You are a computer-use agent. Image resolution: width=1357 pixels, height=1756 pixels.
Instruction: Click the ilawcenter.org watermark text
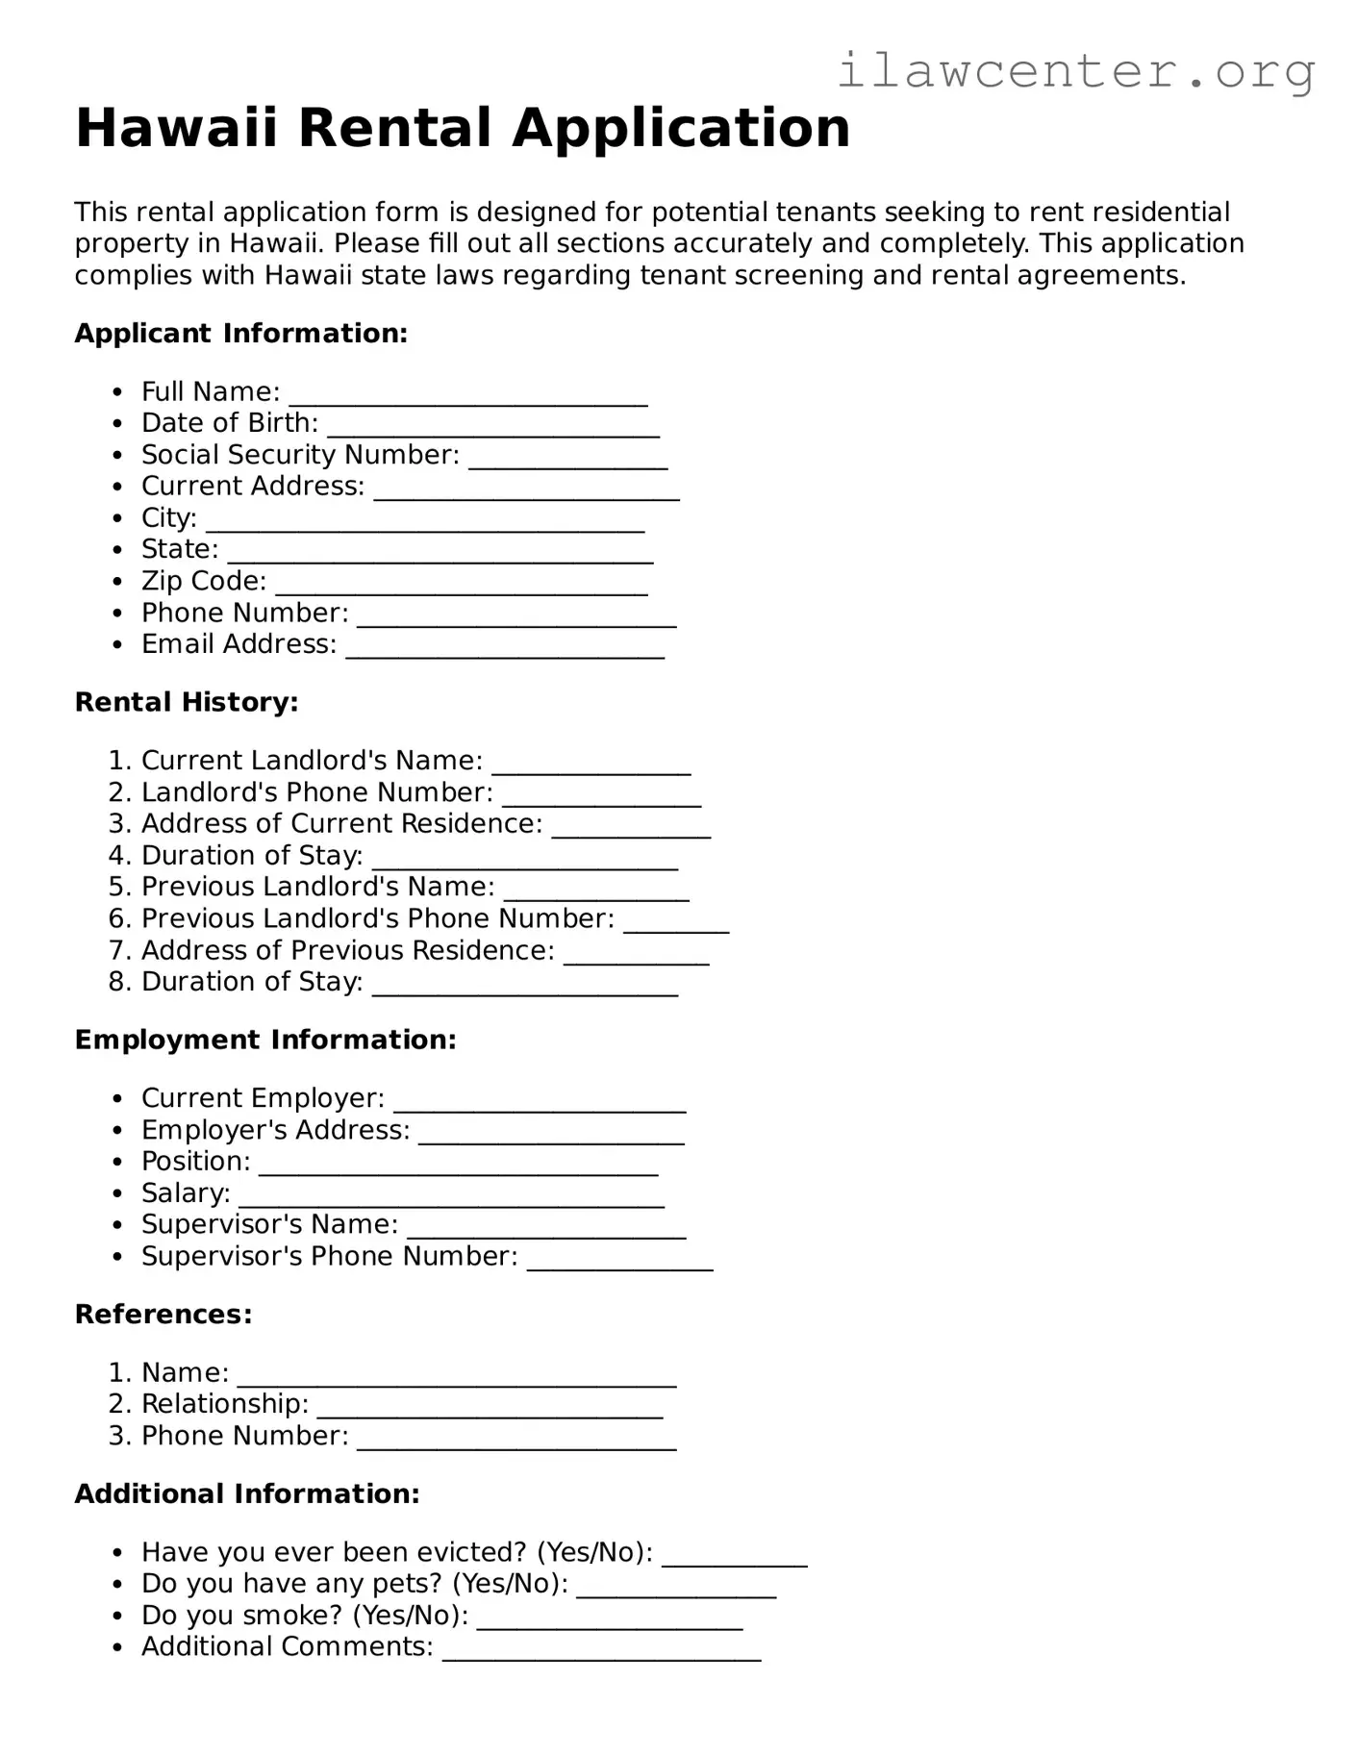[x=1075, y=71]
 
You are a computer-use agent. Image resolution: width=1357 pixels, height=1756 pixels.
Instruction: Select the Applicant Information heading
[x=241, y=334]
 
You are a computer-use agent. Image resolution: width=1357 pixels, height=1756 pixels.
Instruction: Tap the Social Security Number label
[x=300, y=455]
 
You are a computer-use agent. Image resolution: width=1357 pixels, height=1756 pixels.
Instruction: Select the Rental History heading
[x=187, y=703]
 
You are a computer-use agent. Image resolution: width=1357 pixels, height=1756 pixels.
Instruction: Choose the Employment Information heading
[x=265, y=1041]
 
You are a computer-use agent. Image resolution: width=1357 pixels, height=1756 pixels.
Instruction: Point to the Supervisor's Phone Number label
[x=329, y=1257]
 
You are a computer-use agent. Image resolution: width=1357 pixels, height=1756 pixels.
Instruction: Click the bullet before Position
[x=118, y=1163]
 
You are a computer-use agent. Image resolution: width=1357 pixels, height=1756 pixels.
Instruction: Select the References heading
[x=163, y=1315]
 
